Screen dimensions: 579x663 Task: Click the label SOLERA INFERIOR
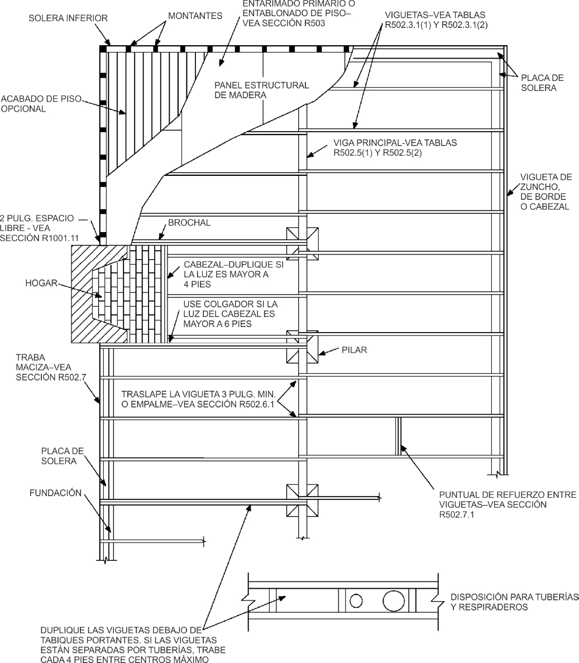[x=68, y=18]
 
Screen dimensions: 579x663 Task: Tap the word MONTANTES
[x=195, y=16]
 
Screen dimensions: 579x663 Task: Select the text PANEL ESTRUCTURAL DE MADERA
[x=262, y=90]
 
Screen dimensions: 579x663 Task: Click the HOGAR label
[x=41, y=283]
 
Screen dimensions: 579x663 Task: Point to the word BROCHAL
[x=189, y=223]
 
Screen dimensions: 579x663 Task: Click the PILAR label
[x=354, y=350]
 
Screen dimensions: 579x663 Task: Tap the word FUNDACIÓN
[x=55, y=493]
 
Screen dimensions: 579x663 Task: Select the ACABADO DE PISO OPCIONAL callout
[x=41, y=104]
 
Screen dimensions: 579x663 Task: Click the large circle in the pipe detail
[x=394, y=600]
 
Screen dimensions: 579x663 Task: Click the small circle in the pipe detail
[x=356, y=601]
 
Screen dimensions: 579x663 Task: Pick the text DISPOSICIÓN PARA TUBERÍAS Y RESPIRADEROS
[x=514, y=602]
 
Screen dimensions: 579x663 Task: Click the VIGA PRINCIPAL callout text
[x=395, y=147]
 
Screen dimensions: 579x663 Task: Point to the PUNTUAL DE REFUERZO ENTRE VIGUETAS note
[x=508, y=505]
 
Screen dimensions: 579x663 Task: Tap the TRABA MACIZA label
[x=44, y=367]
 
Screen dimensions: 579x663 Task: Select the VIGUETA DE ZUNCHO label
[x=545, y=191]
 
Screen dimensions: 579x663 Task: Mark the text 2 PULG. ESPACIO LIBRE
[x=37, y=223]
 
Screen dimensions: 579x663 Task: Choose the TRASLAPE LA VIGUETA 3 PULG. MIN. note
[x=198, y=399]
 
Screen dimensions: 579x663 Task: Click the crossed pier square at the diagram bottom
[x=302, y=501]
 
